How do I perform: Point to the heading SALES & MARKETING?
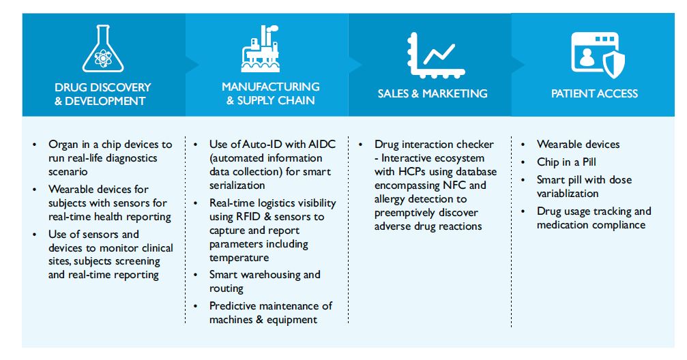click(433, 93)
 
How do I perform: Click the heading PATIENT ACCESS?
click(594, 93)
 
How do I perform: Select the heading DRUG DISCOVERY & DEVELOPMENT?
click(102, 94)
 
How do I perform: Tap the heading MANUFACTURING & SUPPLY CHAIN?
click(270, 93)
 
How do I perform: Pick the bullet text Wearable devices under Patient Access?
click(578, 145)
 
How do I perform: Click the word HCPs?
click(411, 172)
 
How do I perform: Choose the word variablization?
click(568, 194)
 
